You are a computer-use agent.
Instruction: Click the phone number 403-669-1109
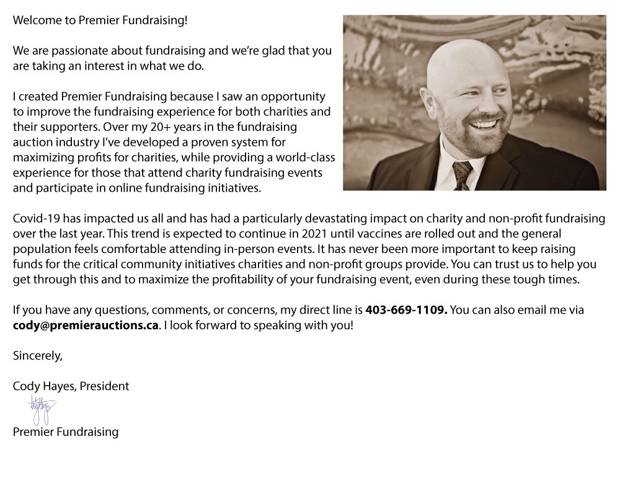click(406, 310)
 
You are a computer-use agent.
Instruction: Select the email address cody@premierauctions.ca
click(86, 325)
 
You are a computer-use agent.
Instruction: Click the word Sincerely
click(37, 356)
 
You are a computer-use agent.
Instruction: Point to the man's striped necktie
click(462, 174)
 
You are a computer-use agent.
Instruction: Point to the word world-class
click(301, 157)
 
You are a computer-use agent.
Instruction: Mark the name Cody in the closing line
click(25, 386)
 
